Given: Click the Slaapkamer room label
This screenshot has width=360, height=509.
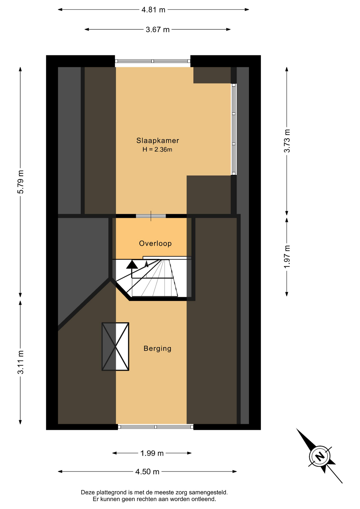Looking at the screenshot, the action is [158, 141].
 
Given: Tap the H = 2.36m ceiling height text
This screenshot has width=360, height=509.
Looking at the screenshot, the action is [157, 150].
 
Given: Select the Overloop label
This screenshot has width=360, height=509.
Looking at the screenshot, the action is [155, 243].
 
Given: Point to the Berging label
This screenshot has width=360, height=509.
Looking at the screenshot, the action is [157, 348].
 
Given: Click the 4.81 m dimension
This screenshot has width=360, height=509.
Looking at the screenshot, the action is [153, 10].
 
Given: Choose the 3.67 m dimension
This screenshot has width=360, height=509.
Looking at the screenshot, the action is [157, 29].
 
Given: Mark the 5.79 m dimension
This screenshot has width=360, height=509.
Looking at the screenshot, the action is [20, 182].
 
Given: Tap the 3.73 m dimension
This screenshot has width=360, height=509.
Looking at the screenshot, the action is [287, 141].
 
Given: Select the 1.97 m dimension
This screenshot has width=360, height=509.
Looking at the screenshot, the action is [287, 257].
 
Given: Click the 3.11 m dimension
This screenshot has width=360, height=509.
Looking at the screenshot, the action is [20, 362].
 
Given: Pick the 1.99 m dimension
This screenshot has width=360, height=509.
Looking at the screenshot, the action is [152, 453].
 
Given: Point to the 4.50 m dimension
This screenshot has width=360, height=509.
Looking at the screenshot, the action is [147, 472].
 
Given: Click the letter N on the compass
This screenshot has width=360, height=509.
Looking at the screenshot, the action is [320, 456].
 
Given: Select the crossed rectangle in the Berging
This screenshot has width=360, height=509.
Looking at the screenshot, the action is [115, 346].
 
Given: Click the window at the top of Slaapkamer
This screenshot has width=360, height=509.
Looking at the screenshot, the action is [153, 61].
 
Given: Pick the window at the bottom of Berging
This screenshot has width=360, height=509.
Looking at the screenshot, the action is [156, 427].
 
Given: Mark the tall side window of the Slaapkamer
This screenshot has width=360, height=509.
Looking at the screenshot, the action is [234, 129].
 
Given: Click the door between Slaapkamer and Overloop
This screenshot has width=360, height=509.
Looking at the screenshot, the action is [151, 216].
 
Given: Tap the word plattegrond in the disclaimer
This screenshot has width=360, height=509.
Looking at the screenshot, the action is [112, 493].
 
